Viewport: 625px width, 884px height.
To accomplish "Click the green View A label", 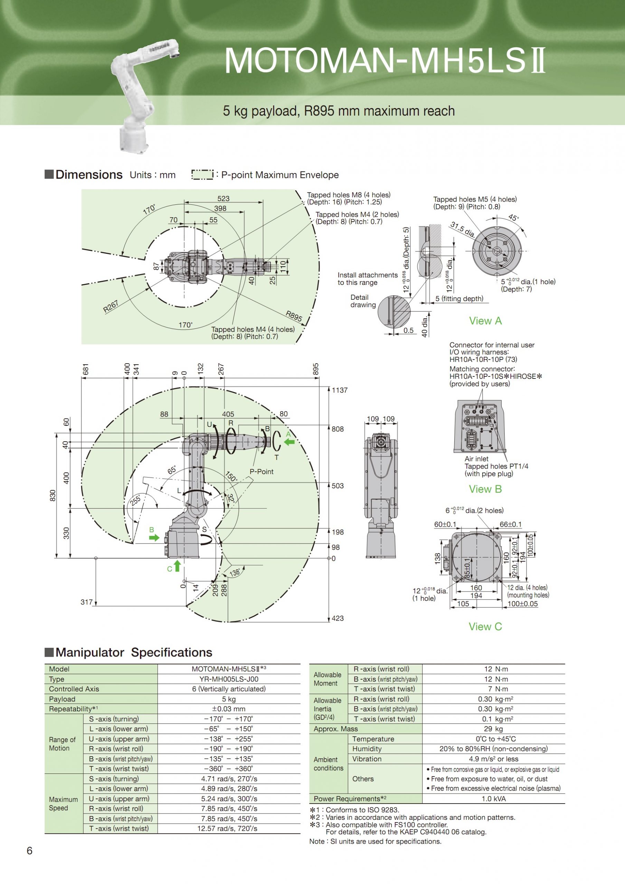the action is [485, 321].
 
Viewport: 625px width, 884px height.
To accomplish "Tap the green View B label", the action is [485, 489].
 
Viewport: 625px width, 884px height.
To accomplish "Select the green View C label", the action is [485, 626].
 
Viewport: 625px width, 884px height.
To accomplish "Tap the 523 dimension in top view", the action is [224, 198].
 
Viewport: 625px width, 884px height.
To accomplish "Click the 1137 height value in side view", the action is [340, 390].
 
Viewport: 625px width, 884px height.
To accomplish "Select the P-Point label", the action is [262, 472].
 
